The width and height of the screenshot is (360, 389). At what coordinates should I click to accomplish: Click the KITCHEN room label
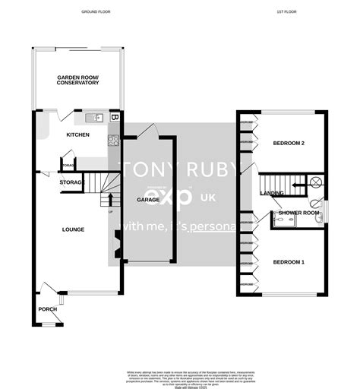[x=77, y=134]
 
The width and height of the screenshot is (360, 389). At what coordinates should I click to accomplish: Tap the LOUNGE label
[x=73, y=229]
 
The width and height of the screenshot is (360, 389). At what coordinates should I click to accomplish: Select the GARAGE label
[x=148, y=199]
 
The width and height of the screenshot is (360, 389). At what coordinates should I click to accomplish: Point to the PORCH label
[x=48, y=308]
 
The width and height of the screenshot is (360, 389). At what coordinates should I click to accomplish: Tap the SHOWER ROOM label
[x=298, y=213]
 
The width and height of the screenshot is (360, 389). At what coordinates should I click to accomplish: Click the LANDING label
[x=272, y=193]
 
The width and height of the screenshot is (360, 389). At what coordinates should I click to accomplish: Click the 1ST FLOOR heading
[x=286, y=12]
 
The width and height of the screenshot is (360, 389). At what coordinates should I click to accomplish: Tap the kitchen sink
[x=94, y=117]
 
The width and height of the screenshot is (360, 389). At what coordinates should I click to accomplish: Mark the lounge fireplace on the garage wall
[x=115, y=246]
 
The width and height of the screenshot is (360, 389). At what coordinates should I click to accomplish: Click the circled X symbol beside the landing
[x=315, y=182]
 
